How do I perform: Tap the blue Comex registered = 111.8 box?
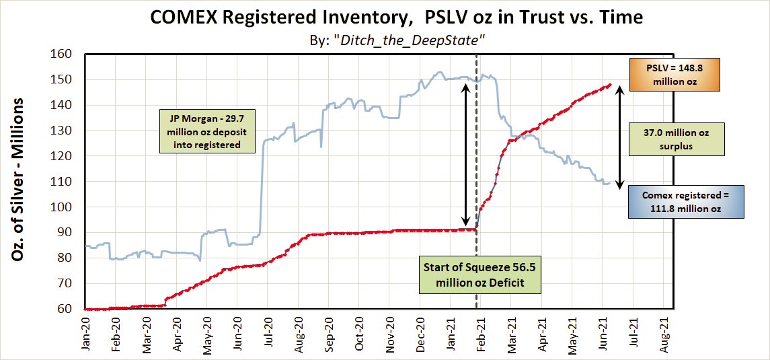(x=686, y=202)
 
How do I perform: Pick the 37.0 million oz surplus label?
(x=677, y=139)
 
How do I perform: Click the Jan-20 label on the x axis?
(x=86, y=334)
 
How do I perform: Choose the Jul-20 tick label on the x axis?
(x=267, y=334)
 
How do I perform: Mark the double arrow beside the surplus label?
(x=620, y=137)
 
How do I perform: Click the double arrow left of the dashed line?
(x=466, y=154)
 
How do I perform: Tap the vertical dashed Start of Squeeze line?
(x=477, y=182)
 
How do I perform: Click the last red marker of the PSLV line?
(x=610, y=85)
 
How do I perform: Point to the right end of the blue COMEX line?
(x=610, y=183)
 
